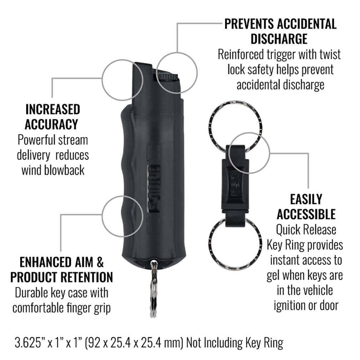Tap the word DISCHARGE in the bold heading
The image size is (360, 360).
click(x=279, y=39)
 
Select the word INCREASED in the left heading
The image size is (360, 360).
click(x=52, y=109)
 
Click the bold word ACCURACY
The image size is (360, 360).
click(x=51, y=124)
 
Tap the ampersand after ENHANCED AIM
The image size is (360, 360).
click(x=100, y=262)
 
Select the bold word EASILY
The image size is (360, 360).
click(x=306, y=199)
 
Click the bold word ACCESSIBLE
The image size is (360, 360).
click(x=306, y=214)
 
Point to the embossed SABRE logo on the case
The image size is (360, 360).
click(x=153, y=189)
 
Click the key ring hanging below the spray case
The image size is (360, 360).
click(x=153, y=288)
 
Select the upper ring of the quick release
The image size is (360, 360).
click(x=236, y=127)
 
